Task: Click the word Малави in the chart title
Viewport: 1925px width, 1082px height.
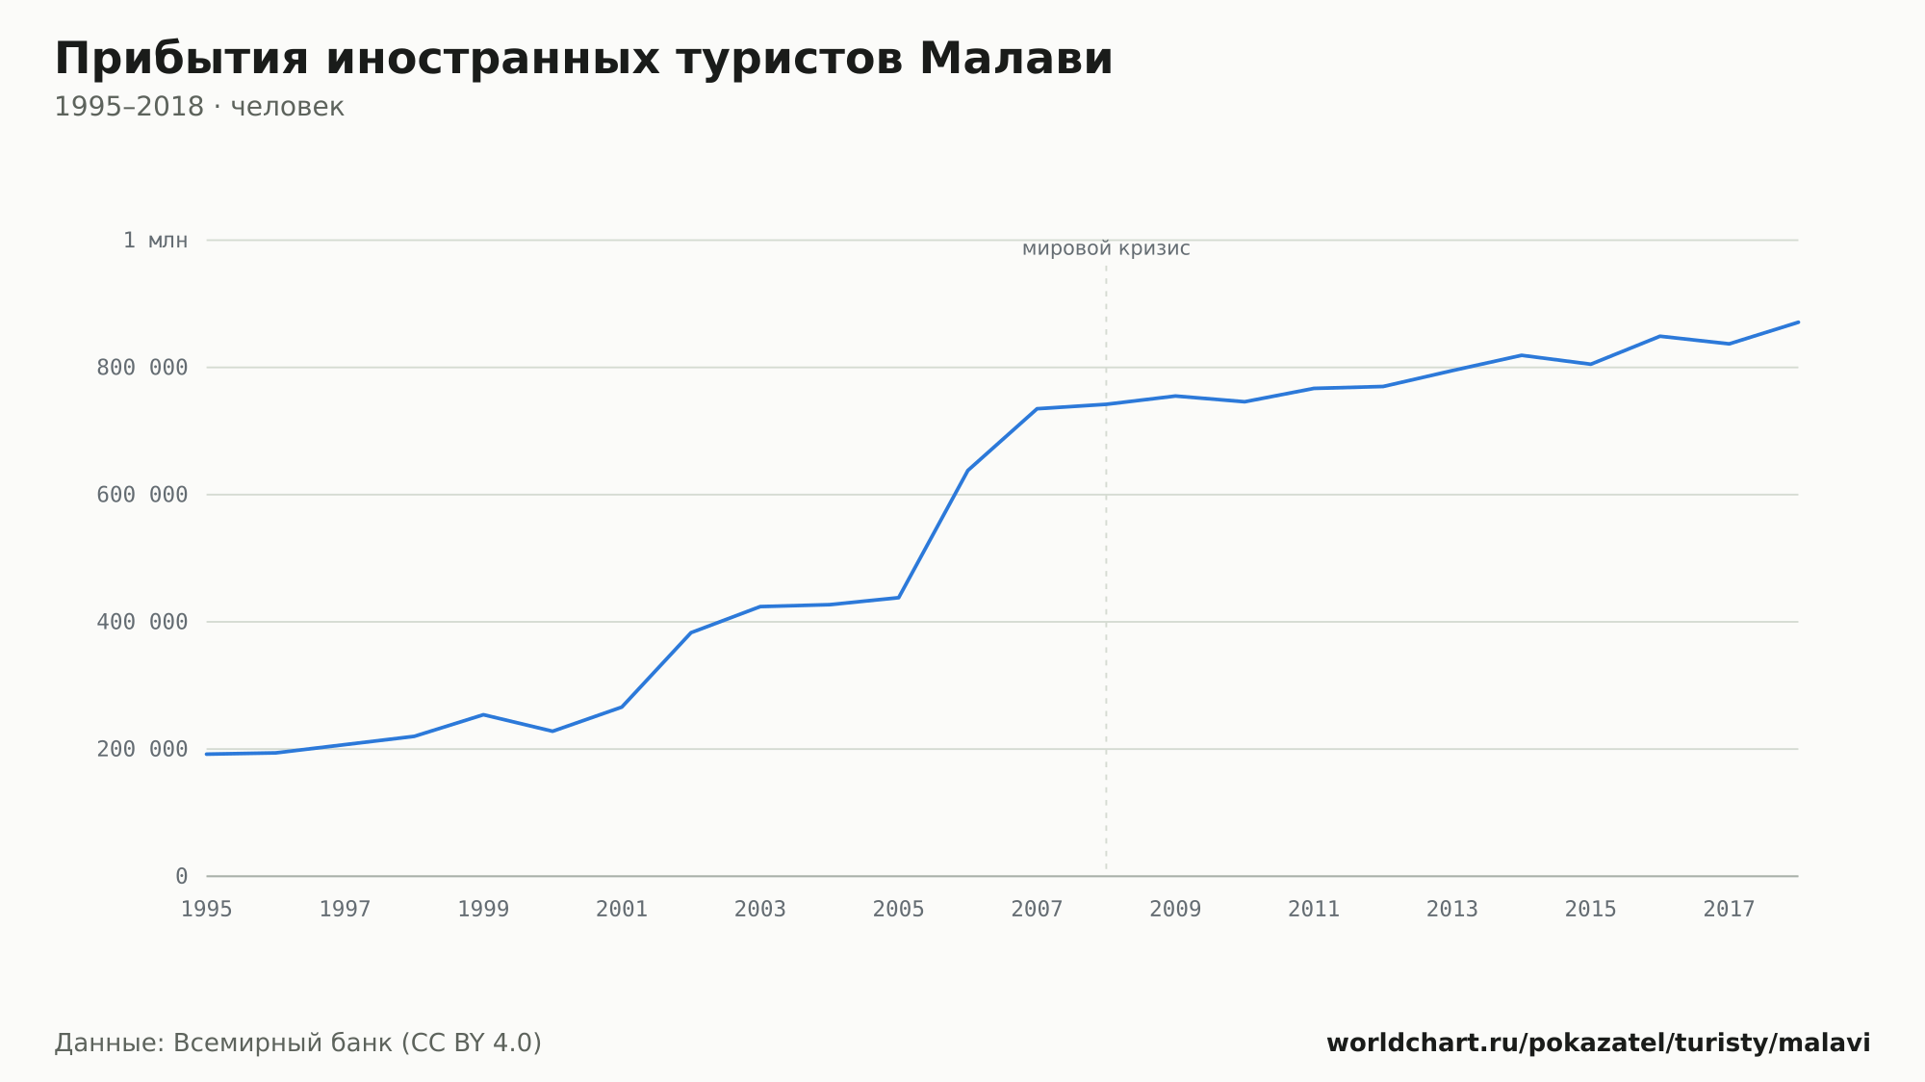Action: tap(1015, 59)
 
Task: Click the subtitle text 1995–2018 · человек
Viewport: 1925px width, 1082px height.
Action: tap(199, 107)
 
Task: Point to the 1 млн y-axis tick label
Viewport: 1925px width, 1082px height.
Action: tap(155, 241)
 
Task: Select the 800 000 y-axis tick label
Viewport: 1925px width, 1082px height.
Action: tap(142, 368)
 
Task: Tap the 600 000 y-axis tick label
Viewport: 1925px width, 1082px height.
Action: tap(142, 495)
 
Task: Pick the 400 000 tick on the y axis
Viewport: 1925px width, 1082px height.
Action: tap(142, 622)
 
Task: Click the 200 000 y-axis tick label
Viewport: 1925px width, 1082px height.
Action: tap(142, 749)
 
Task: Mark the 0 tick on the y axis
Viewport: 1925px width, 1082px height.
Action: tap(182, 876)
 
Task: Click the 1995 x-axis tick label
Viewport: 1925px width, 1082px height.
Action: tap(207, 909)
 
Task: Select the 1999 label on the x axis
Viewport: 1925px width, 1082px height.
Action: tap(483, 909)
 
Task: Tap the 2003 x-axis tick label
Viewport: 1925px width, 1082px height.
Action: tap(760, 909)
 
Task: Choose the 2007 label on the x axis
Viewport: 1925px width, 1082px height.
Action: tap(1037, 909)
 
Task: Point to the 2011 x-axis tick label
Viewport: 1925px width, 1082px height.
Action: tap(1314, 909)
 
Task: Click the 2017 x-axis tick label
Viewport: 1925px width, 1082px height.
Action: tap(1729, 909)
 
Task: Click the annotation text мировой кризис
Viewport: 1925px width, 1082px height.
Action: tap(1106, 249)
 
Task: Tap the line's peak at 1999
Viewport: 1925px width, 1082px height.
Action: tap(483, 714)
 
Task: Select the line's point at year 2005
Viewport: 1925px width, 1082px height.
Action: tap(898, 598)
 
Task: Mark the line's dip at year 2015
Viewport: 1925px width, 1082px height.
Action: tap(1591, 364)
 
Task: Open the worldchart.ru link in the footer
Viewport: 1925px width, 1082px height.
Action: tap(1599, 1043)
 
